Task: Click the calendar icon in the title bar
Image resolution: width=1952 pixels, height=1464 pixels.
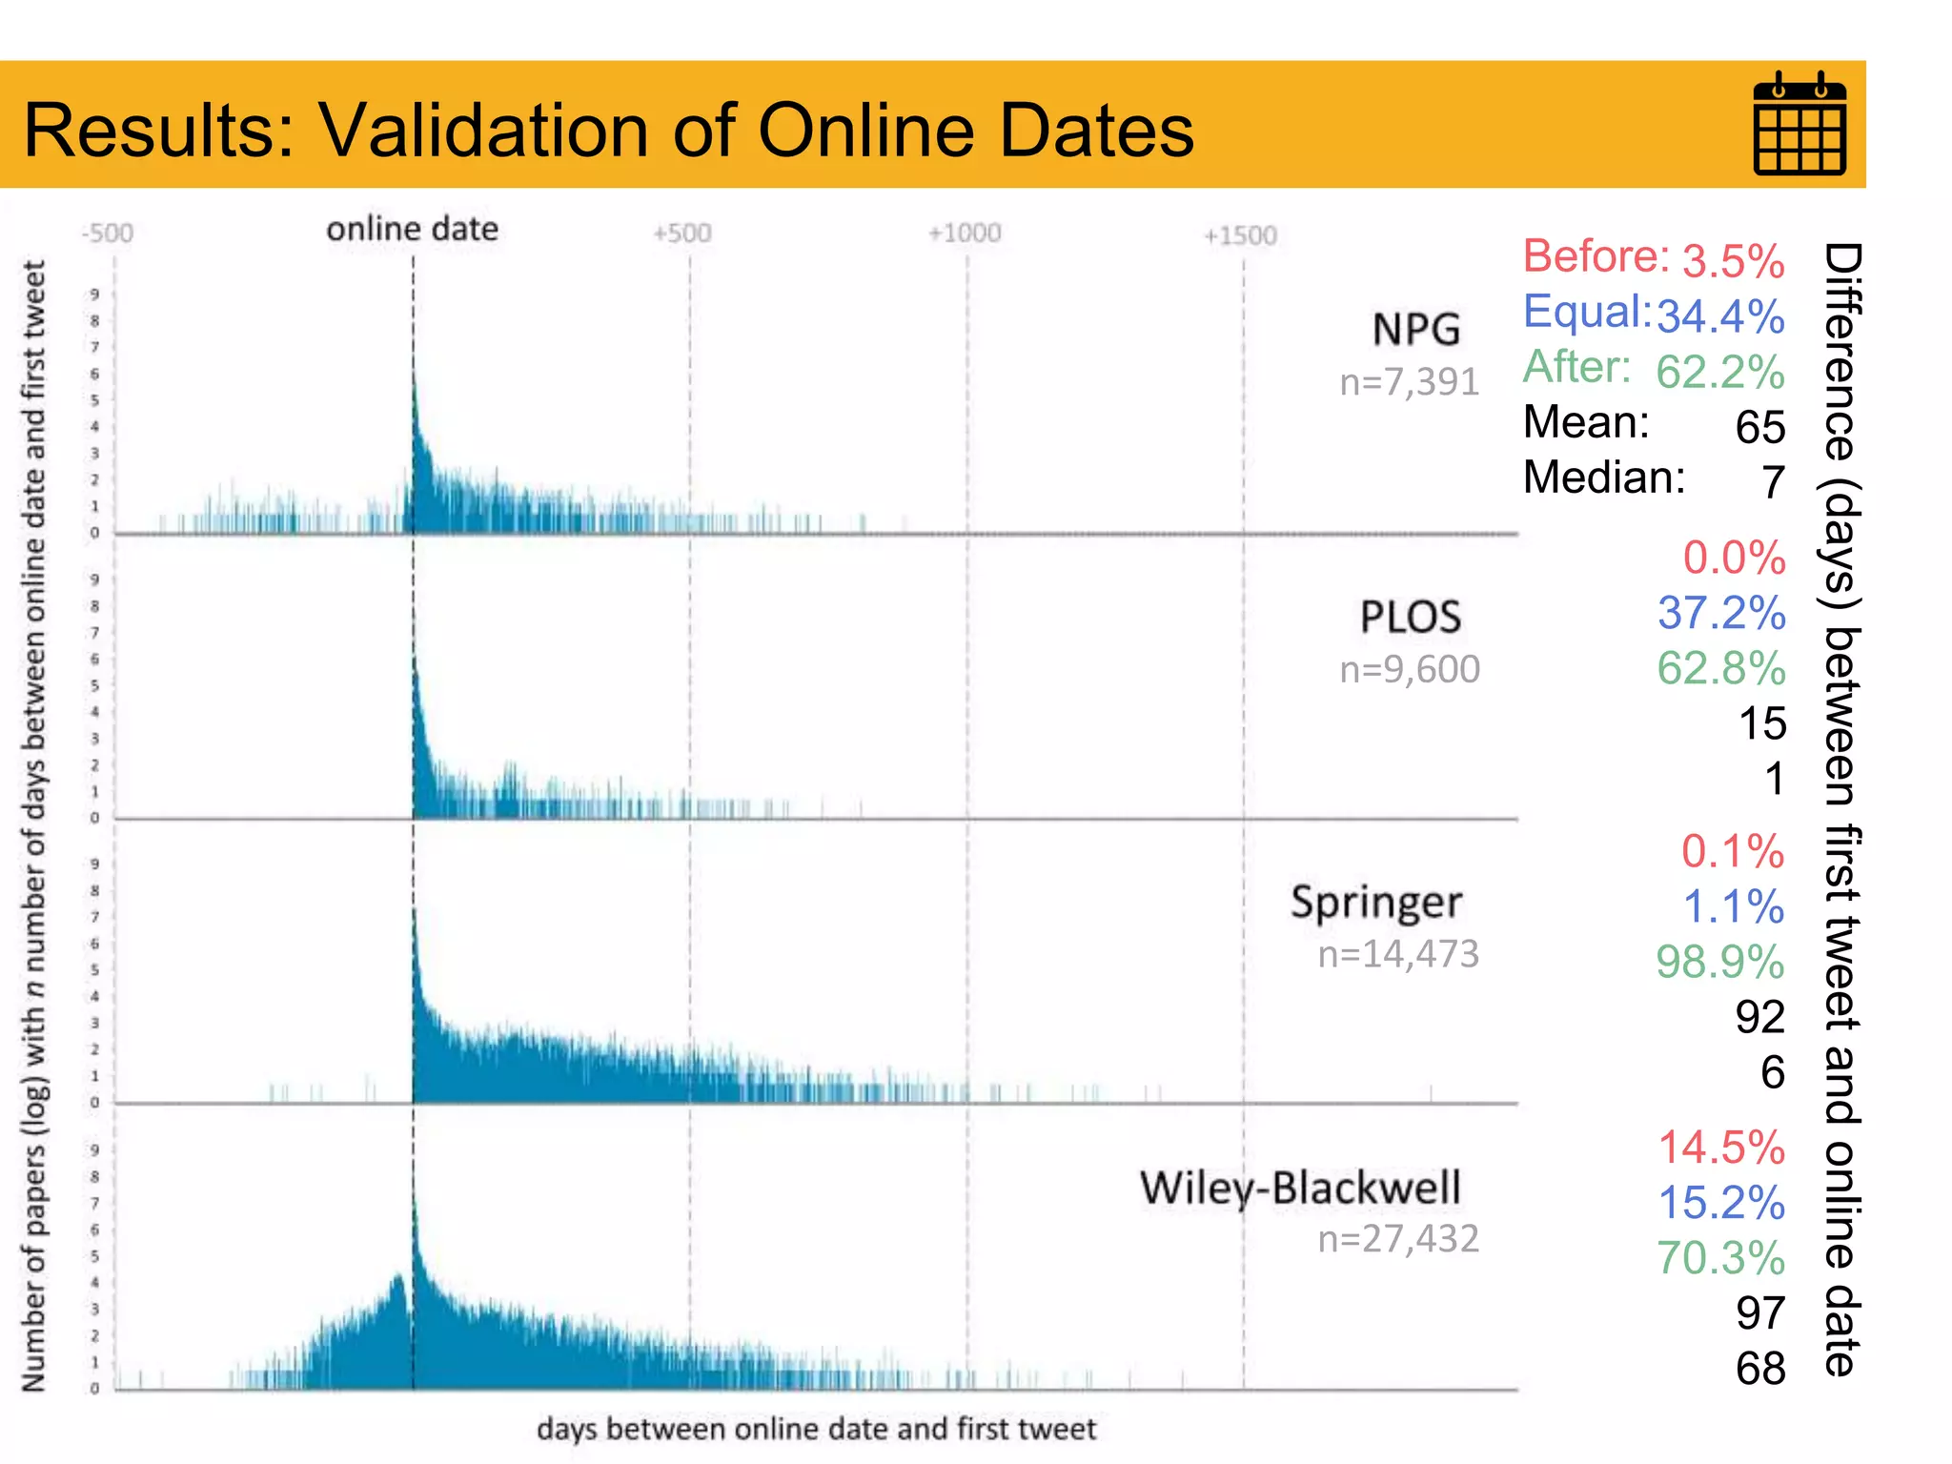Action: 1799,124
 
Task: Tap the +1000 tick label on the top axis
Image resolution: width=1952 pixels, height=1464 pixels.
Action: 964,234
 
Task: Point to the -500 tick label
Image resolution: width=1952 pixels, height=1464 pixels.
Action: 108,234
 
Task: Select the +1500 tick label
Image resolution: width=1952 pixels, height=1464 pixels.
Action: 1239,235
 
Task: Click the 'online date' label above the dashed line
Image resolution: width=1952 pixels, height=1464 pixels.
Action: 412,230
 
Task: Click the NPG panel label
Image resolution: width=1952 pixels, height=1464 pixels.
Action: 1415,330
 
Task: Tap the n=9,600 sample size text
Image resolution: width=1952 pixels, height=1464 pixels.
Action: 1409,669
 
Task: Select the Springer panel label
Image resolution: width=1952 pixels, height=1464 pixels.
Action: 1375,902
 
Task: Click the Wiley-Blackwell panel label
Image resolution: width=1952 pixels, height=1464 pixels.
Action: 1300,1188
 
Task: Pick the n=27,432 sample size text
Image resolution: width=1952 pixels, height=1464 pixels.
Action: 1398,1238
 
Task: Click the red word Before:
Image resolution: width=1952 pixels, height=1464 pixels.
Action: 1596,256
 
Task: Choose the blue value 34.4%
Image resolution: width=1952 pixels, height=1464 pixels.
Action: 1720,316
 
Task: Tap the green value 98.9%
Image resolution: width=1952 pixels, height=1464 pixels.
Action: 1719,962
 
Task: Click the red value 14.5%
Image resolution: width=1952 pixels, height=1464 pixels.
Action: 1720,1147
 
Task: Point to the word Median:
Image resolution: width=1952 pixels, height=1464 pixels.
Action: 1604,478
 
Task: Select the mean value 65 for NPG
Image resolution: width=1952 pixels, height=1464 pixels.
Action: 1759,427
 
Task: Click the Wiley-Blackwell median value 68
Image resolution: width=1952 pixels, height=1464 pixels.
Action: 1759,1369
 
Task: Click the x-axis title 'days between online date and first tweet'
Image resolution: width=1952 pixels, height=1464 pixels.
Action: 816,1429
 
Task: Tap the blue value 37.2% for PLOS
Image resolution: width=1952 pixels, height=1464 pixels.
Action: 1720,613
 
